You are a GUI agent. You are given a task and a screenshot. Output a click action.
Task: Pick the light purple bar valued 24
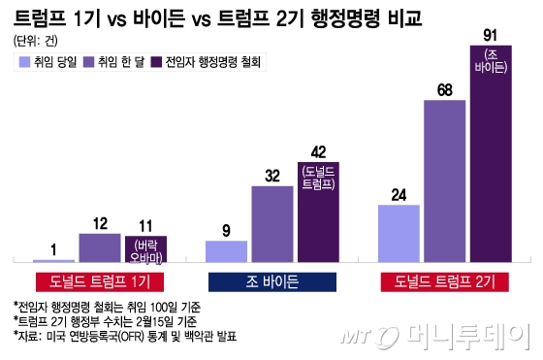click(x=398, y=233)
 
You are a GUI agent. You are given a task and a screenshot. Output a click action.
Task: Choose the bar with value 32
click(x=271, y=223)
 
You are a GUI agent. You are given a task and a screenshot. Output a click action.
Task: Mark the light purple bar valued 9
click(x=226, y=250)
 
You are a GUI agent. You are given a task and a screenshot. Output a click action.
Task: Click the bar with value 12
click(x=100, y=247)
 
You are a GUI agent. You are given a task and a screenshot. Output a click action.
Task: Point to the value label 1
click(x=53, y=248)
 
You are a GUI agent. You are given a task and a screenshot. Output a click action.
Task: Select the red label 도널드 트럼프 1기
click(x=99, y=281)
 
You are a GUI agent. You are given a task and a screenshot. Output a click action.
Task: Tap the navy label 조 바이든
click(x=271, y=281)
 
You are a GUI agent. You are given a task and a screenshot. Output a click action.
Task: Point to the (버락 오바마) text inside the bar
click(x=145, y=251)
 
